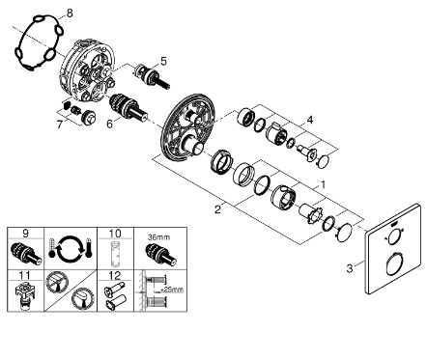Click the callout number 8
point(70,14)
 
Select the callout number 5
point(164,61)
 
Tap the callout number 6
point(110,124)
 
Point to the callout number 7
point(59,125)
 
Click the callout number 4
point(310,120)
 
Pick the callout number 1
point(323,185)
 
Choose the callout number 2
point(218,209)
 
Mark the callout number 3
point(350,268)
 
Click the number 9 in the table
point(25,234)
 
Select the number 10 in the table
point(115,234)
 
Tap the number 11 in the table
point(25,275)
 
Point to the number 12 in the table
point(115,275)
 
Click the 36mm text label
point(158,237)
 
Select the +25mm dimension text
point(173,290)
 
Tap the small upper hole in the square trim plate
point(393,239)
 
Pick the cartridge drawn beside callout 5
point(151,75)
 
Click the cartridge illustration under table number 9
point(26,254)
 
